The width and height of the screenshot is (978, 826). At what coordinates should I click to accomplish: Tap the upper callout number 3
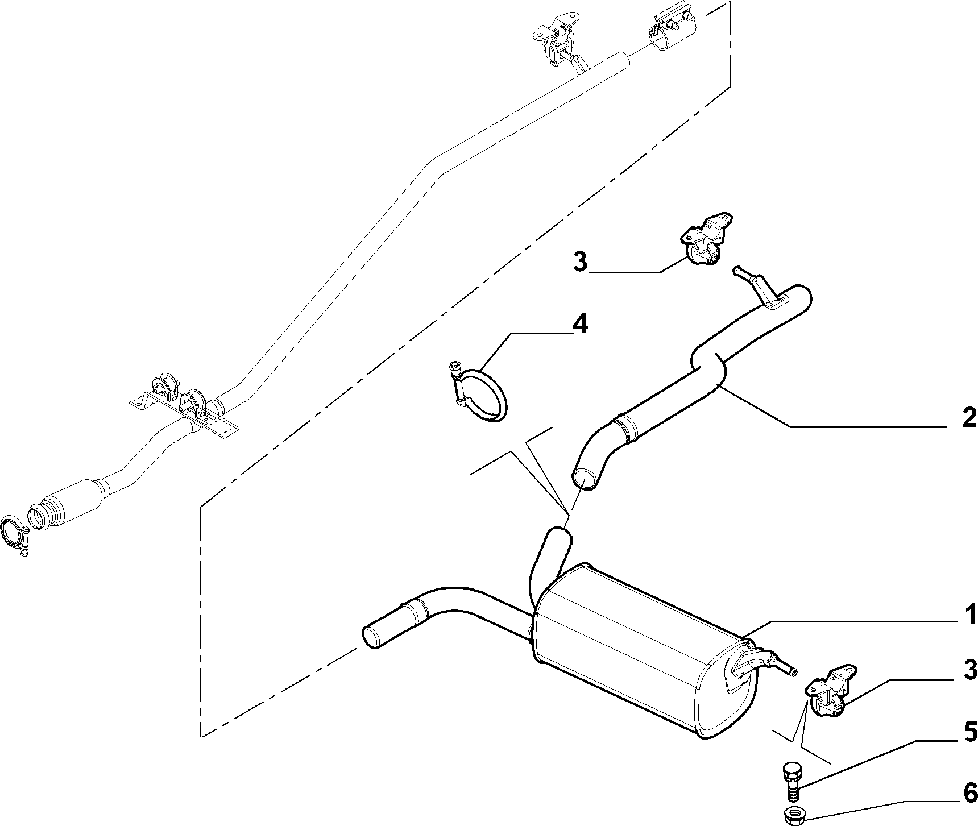coord(580,263)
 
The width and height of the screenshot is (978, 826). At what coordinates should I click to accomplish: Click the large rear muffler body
coord(643,648)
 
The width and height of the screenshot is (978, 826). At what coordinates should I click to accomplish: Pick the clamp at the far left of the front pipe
coord(15,534)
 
